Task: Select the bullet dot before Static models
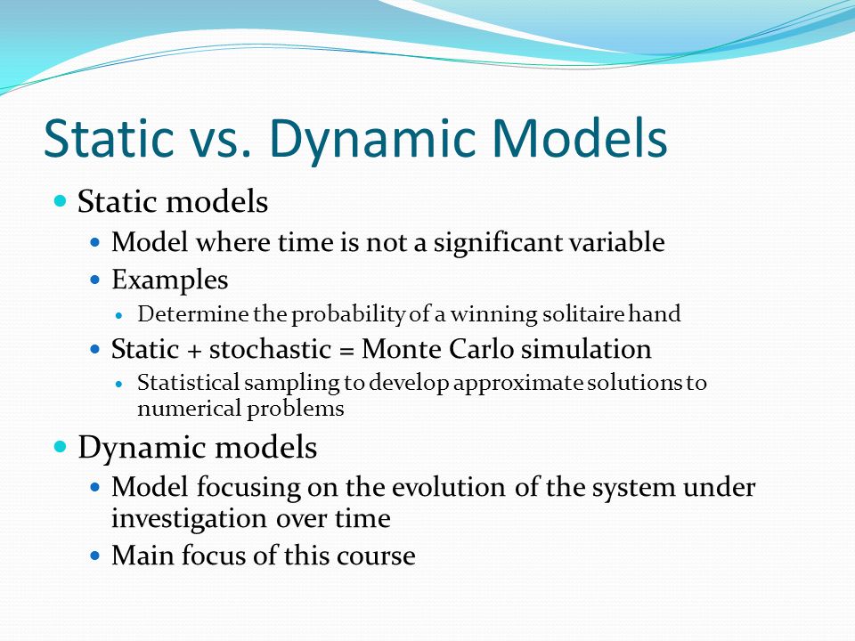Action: tap(61, 200)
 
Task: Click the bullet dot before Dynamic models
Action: tap(61, 446)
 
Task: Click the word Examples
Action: tap(169, 280)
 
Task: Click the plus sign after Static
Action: tap(193, 351)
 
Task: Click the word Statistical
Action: tap(188, 382)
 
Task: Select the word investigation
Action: tap(189, 518)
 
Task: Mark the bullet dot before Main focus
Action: tap(95, 556)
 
